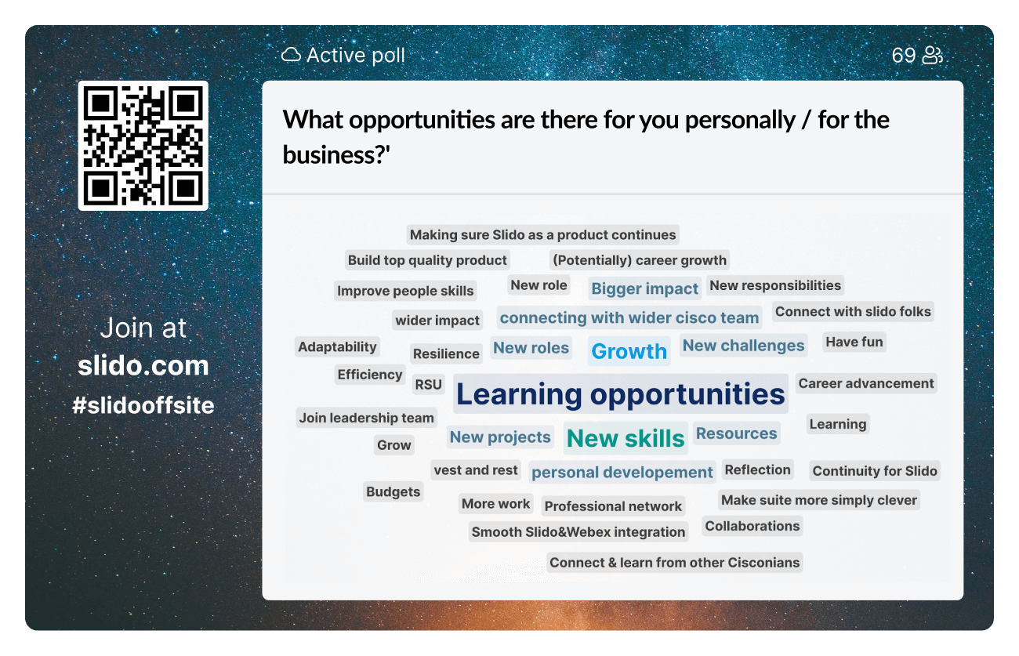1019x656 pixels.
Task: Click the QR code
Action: coord(143,146)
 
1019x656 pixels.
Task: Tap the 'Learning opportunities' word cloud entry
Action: coord(620,394)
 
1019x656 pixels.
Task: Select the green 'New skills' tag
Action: coord(625,439)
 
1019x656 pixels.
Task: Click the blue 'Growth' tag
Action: coord(629,351)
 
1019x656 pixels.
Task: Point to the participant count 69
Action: coord(903,56)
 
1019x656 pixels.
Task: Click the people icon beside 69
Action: coord(932,56)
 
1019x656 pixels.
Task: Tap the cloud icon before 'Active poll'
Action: coord(291,56)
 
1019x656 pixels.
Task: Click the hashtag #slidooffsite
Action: coord(143,405)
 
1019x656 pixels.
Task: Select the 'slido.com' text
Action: coord(143,365)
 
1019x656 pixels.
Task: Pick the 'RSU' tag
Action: coord(429,385)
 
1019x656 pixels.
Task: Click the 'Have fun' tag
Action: coord(854,342)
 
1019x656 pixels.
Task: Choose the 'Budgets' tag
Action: coord(393,492)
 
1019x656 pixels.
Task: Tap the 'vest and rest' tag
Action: coord(476,470)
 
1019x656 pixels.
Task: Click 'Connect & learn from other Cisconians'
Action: coord(674,562)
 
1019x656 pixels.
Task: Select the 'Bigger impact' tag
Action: coord(644,288)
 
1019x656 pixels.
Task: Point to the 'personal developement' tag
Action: coord(622,473)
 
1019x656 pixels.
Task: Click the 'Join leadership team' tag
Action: coord(366,418)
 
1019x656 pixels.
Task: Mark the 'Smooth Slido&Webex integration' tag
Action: coord(578,532)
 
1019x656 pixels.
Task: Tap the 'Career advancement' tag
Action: coord(865,383)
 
